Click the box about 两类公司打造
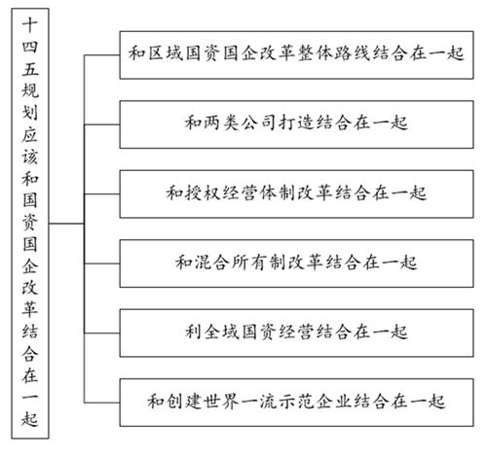(296, 124)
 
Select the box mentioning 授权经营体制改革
(296, 193)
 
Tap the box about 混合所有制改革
(296, 264)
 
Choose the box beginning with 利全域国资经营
(296, 333)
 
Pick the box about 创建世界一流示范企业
(296, 403)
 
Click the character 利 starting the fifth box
(194, 332)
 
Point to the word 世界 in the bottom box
(222, 402)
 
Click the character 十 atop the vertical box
(30, 25)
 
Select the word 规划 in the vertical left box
(30, 101)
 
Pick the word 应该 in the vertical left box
(30, 145)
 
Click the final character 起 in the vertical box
(30, 418)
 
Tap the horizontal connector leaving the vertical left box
(66, 224)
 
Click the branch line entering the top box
(102, 55)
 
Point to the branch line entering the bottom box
(102, 403)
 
